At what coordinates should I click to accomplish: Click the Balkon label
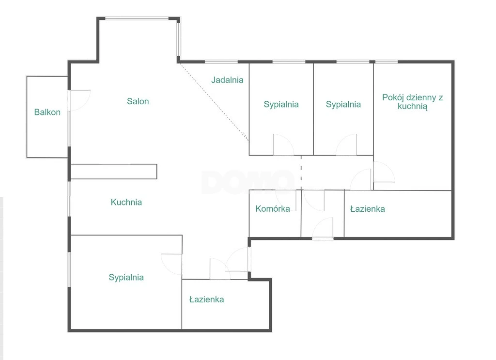(47, 112)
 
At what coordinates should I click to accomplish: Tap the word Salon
(138, 101)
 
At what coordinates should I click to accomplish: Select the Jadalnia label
(228, 80)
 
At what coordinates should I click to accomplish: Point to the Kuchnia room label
(126, 202)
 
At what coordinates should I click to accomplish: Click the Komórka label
(273, 209)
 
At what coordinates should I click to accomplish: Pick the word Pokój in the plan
(392, 97)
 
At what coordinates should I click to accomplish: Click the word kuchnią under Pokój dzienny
(413, 106)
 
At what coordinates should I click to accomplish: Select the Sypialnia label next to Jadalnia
(281, 104)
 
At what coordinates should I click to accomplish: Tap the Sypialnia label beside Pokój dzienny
(343, 104)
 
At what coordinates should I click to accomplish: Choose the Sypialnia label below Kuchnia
(126, 278)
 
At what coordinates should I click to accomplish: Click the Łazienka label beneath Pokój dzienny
(368, 209)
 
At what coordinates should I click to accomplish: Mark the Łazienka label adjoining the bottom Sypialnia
(206, 299)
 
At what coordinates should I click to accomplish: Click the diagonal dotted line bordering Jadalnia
(214, 102)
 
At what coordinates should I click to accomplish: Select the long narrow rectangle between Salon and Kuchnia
(113, 172)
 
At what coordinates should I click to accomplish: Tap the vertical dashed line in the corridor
(301, 172)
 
